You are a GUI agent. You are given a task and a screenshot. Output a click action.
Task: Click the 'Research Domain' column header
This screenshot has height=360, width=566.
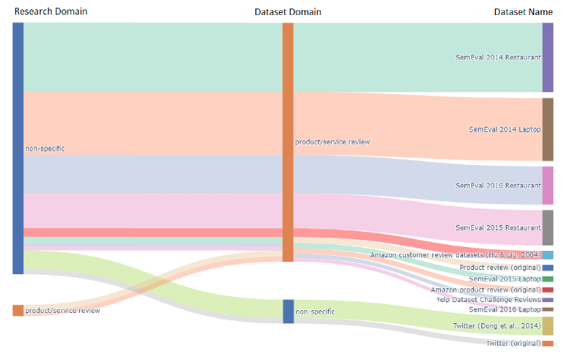point(51,12)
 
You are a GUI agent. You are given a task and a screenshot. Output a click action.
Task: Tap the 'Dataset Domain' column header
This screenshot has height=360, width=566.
point(287,12)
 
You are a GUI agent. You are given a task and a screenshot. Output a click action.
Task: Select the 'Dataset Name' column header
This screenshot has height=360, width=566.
point(523,12)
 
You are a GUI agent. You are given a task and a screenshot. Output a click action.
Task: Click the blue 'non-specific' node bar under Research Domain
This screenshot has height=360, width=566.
point(18,148)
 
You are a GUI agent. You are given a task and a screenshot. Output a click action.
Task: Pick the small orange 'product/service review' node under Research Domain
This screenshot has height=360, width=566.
point(18,310)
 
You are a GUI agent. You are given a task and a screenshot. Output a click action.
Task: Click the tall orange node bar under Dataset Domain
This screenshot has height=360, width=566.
point(288,142)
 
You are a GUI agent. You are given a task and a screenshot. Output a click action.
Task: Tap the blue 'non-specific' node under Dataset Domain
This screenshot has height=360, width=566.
point(288,311)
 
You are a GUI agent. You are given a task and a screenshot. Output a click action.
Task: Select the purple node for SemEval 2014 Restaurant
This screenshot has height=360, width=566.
point(548,57)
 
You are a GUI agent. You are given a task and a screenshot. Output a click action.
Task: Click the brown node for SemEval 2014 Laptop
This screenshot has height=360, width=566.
point(548,130)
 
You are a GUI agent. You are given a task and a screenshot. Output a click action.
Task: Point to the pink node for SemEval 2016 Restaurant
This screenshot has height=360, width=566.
point(548,185)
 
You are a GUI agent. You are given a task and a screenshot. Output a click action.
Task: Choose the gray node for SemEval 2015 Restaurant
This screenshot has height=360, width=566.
point(548,228)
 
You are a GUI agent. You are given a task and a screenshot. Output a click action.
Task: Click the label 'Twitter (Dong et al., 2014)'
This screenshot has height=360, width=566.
point(496,326)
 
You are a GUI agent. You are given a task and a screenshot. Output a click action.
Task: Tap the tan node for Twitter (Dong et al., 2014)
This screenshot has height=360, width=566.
point(548,326)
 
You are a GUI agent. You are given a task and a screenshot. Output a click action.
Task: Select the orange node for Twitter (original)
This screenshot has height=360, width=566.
point(548,343)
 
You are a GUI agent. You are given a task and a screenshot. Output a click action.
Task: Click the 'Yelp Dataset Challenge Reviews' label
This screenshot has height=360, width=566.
point(488,299)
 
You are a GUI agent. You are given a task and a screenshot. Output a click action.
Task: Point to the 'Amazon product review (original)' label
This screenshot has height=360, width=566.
point(486,290)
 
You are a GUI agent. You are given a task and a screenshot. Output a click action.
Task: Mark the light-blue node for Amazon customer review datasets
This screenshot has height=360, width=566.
point(548,255)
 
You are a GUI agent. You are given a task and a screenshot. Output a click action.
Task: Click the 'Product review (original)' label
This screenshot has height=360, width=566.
point(500,267)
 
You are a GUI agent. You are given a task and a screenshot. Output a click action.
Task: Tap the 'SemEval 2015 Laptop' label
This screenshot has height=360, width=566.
point(505,279)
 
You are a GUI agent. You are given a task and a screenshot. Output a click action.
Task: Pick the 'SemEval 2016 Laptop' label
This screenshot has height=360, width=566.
point(505,309)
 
